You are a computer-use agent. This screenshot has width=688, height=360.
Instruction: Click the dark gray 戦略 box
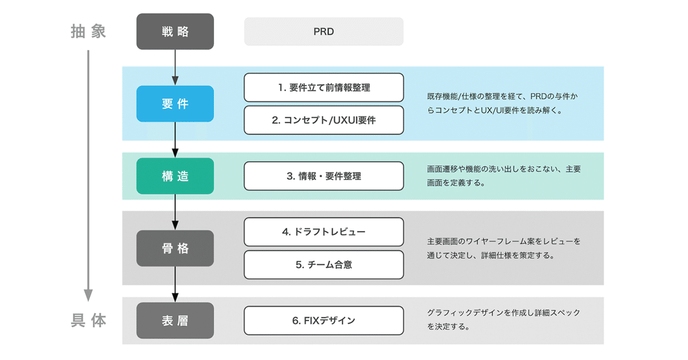coord(175,32)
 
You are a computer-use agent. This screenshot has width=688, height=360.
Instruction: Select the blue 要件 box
coord(175,104)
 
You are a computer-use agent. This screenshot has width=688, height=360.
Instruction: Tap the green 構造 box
coord(175,176)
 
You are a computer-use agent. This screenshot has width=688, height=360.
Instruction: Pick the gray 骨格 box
coord(175,248)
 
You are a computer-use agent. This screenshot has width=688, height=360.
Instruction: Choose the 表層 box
coord(175,320)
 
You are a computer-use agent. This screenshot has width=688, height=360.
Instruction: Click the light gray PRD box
coord(323,32)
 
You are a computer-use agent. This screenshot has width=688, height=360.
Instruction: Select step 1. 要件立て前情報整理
coord(323,88)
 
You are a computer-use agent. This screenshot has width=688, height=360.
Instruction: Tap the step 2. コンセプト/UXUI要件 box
coord(323,120)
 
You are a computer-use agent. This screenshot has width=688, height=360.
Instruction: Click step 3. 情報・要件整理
coord(323,176)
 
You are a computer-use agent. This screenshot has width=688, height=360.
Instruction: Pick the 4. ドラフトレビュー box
coord(323,232)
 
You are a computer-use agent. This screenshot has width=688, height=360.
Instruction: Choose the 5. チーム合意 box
coord(323,264)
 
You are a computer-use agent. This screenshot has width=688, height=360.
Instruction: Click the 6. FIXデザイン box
coord(323,320)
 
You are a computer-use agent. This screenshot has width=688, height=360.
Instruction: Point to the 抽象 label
coord(88,31)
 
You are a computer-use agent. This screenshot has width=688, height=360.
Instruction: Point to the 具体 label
coord(88,320)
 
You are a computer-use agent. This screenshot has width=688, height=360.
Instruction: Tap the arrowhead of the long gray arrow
coord(88,295)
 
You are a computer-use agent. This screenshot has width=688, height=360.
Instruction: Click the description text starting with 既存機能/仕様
coord(502,104)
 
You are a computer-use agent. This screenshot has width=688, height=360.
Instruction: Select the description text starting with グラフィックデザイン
coord(503,320)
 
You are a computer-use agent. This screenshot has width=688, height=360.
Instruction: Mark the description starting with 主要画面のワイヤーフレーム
coord(503,248)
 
